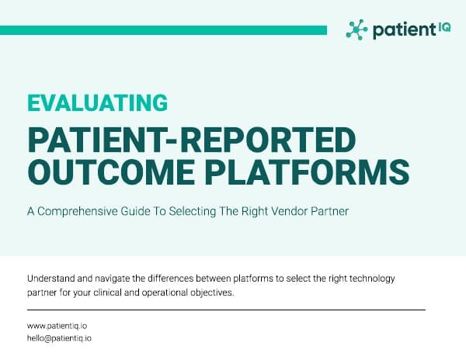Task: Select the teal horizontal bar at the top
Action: pos(163,29)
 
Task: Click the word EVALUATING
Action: pos(97,102)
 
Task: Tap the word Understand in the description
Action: pos(53,278)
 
